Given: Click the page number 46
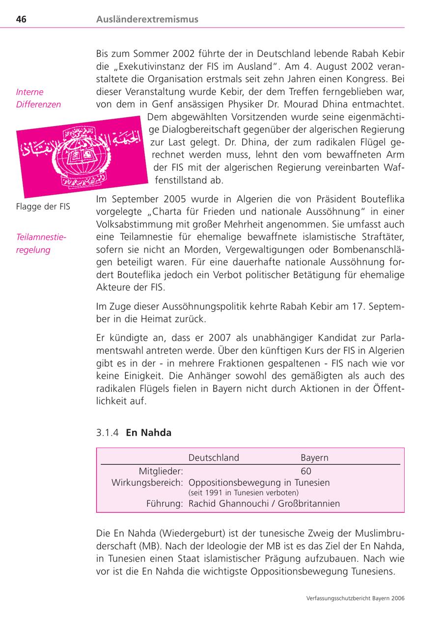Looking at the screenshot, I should [21, 20].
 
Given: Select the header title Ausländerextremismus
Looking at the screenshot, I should [147, 20].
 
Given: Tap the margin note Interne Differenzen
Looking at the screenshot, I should [38, 98].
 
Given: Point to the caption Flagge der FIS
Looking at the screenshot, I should [43, 207].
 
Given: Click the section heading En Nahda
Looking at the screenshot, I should [149, 433].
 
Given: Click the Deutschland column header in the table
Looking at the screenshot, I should [214, 458].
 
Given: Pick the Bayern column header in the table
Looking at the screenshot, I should [314, 458].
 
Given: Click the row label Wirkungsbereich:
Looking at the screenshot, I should [147, 483].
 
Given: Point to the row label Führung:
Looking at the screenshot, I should [165, 503].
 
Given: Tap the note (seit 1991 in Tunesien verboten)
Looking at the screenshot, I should [244, 493].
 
